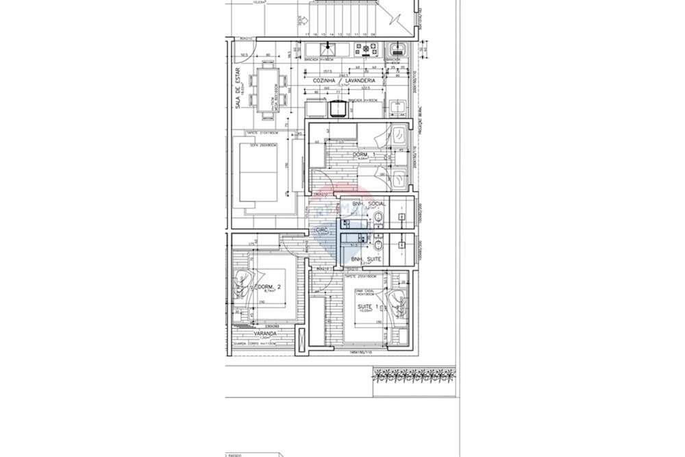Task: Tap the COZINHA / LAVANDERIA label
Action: pyautogui.click(x=341, y=80)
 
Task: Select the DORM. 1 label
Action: pyautogui.click(x=360, y=155)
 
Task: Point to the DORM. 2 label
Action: pyautogui.click(x=265, y=286)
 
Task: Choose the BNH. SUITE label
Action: pyautogui.click(x=366, y=259)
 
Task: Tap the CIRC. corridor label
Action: pyautogui.click(x=322, y=230)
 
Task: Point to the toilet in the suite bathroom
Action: pyautogui.click(x=378, y=246)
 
